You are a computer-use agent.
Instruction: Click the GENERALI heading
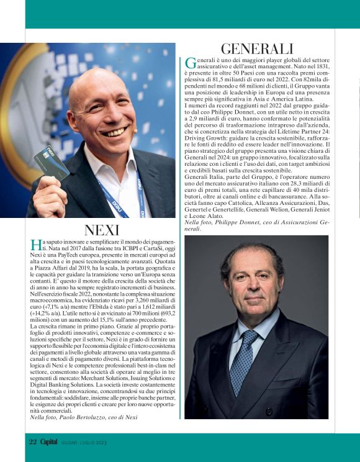256,48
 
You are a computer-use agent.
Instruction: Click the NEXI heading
101,230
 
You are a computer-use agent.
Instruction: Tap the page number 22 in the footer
33,442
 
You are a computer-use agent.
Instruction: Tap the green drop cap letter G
191,63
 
